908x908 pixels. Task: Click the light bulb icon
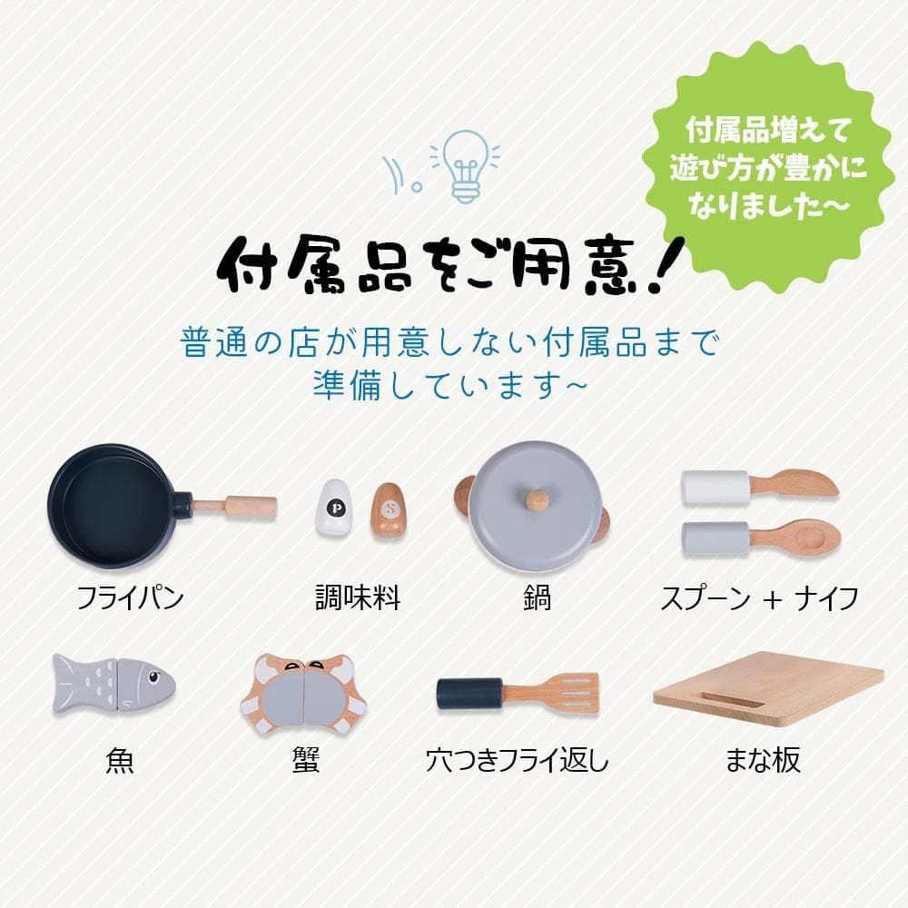coord(464,165)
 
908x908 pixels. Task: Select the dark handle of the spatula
coord(469,695)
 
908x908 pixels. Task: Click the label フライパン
coord(130,598)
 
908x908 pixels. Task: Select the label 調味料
coord(358,598)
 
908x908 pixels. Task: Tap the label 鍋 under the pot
coord(538,598)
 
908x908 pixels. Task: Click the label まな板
coord(763,760)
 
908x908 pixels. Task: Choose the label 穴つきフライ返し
coord(518,760)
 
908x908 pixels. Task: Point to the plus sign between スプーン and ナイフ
coord(773,599)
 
